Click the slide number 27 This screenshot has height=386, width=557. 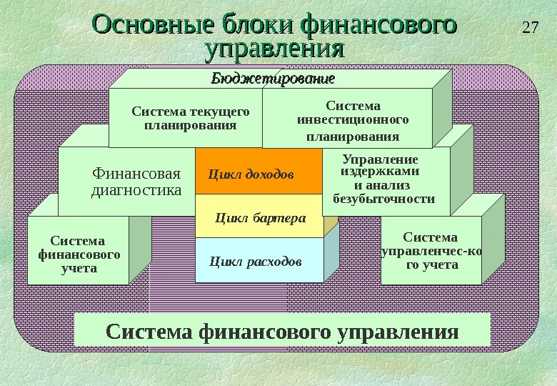click(529, 29)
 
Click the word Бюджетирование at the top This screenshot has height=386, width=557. click(273, 78)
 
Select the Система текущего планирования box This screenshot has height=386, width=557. click(189, 119)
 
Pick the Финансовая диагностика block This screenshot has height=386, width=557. click(136, 182)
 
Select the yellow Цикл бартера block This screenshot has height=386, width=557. click(260, 217)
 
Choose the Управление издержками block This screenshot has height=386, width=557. click(384, 180)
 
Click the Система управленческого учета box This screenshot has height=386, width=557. click(431, 251)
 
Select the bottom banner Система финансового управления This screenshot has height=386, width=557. click(282, 332)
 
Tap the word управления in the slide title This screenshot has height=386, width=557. click(274, 49)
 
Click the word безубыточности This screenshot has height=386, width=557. click(384, 199)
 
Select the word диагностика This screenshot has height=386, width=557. click(136, 190)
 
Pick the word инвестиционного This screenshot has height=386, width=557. click(353, 120)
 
